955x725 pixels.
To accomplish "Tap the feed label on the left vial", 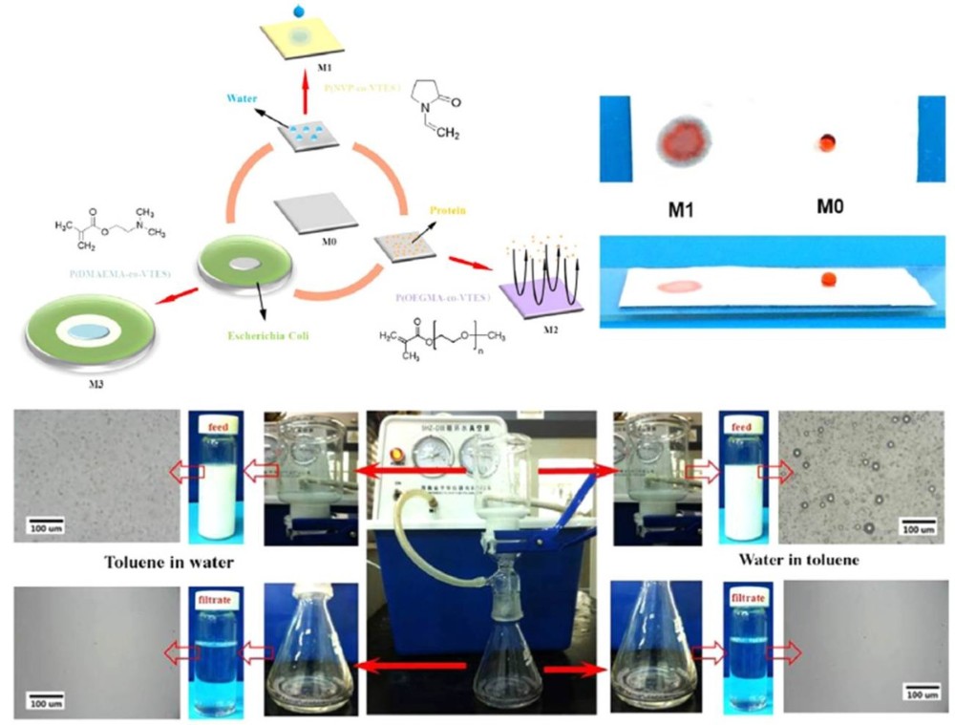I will coord(214,427).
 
